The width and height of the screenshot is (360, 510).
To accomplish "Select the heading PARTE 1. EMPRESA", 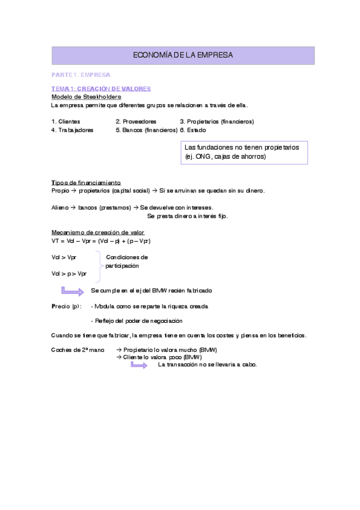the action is [x=81, y=75].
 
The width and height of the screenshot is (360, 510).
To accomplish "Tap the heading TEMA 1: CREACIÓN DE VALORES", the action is [x=100, y=88].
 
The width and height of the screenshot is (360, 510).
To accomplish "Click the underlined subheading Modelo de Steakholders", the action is [x=87, y=97].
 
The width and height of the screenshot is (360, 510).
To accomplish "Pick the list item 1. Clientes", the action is [x=66, y=121].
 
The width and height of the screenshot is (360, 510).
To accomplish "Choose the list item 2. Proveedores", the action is [x=136, y=121].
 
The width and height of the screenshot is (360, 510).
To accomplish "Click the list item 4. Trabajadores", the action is [x=72, y=129].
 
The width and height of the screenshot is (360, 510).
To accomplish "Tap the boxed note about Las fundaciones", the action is [x=244, y=152].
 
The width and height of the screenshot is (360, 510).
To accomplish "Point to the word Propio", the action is [x=61, y=191].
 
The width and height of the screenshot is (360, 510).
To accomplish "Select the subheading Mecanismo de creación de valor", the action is [x=98, y=232].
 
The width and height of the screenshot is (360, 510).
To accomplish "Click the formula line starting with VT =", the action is [x=101, y=241].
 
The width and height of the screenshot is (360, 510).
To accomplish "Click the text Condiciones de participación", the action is [x=127, y=261].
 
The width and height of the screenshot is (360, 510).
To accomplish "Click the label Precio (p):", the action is [x=66, y=306].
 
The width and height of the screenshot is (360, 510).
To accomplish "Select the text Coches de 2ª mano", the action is [x=78, y=349].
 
